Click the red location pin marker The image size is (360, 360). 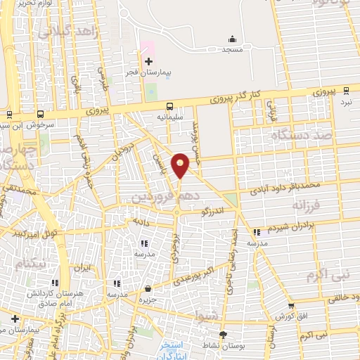(x=181, y=165)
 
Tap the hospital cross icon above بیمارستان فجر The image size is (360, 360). (x=148, y=62)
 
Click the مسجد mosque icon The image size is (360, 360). (x=232, y=39)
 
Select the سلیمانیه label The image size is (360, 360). (x=169, y=117)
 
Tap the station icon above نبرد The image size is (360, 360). (x=346, y=90)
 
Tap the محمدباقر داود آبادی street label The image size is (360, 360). (x=288, y=184)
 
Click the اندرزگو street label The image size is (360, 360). (x=214, y=210)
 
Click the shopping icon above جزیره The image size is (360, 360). (x=148, y=288)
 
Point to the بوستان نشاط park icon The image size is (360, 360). (x=224, y=335)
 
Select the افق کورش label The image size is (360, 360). (x=289, y=316)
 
